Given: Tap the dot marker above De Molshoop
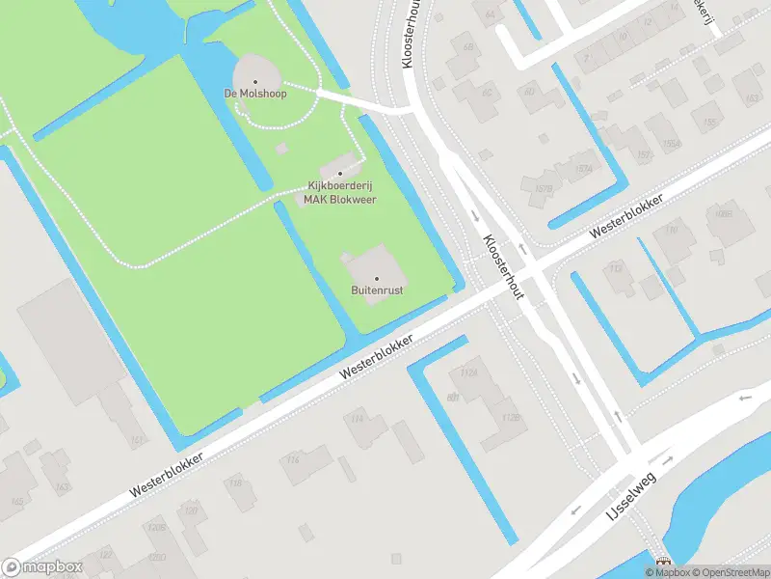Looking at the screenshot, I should [255, 81].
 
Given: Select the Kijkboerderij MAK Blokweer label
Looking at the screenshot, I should [340, 192].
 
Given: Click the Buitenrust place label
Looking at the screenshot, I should [376, 289].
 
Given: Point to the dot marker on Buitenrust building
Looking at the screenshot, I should [377, 278].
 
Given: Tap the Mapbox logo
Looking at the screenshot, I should [41, 567].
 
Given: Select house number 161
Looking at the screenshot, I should [139, 440].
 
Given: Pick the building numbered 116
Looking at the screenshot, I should [293, 460].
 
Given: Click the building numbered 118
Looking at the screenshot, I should [235, 480].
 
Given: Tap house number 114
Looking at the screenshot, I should [357, 418].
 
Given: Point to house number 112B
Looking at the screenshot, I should [511, 418].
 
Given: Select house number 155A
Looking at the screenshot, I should [670, 144].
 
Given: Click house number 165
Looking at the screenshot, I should [17, 501].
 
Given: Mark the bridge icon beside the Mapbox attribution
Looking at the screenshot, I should [662, 563].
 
